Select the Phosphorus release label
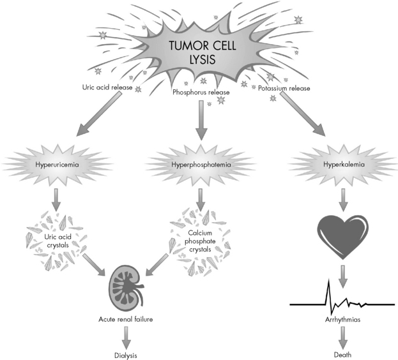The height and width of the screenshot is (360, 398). [x=201, y=92]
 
